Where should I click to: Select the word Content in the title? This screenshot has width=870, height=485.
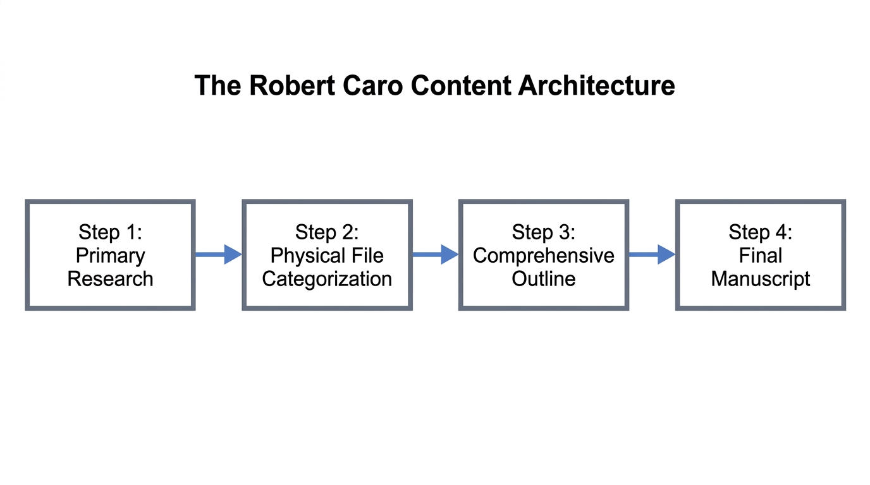coord(462,85)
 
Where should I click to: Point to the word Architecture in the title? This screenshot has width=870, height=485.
coord(596,85)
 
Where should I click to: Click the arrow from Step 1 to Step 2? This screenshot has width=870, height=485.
coord(218,254)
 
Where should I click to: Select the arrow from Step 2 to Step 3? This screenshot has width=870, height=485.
coord(435,254)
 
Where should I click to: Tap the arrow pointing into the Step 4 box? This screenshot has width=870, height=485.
coord(652,254)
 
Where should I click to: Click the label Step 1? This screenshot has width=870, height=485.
coord(110,232)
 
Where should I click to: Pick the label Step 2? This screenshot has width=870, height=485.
coord(327,232)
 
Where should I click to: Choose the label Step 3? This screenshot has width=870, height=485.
coord(544,232)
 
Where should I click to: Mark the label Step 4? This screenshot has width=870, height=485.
coord(760,232)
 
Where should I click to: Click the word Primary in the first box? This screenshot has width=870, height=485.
coord(110,256)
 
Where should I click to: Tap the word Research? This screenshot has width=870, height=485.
coord(110,278)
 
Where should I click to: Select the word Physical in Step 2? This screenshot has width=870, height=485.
coord(307,256)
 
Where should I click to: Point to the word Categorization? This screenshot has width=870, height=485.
coord(327,278)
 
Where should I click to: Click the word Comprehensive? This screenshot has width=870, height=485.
coord(544,255)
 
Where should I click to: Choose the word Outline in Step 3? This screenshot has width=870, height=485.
coord(544,278)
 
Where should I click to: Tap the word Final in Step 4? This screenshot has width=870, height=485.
coord(760,255)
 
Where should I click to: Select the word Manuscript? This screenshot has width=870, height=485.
coord(760,278)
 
